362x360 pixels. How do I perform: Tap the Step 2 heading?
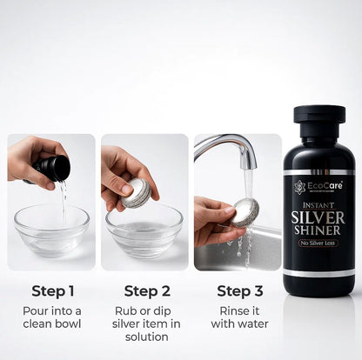coord(146,290)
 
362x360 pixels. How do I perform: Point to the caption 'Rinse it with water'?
coord(238,317)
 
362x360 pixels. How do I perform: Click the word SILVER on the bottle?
coord(318,217)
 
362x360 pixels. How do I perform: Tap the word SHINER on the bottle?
coord(318,230)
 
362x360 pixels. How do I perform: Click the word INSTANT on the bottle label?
coord(318,203)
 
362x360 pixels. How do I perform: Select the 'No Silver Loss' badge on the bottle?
coord(318,244)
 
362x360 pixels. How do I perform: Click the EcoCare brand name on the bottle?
coord(324,185)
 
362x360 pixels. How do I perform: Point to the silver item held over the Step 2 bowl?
coord(137,193)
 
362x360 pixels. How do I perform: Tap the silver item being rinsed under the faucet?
coord(245,210)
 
